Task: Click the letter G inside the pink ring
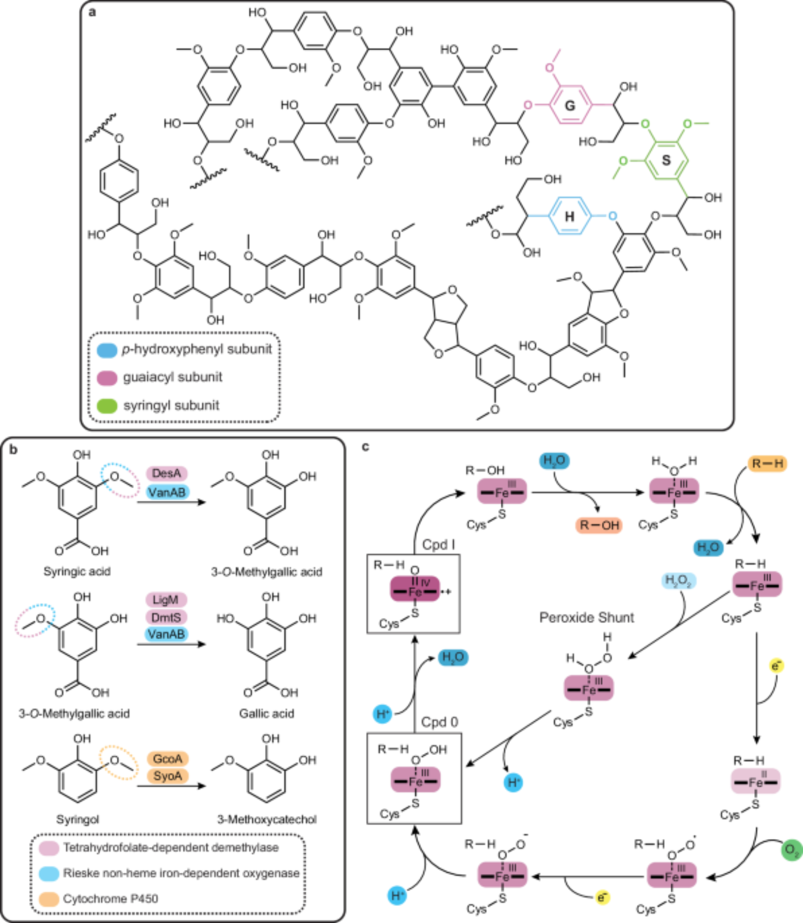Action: coord(570,106)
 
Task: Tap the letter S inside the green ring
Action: coord(666,160)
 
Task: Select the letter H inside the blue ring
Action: coord(569,216)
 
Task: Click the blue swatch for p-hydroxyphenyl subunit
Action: coord(107,349)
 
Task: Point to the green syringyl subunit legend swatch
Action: coord(107,406)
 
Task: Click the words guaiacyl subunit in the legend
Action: coord(173,377)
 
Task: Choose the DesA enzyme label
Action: coord(167,473)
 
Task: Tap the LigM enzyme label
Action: coord(166,599)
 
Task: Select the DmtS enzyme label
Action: coord(166,617)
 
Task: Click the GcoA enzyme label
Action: coord(168,759)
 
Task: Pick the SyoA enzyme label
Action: coord(168,776)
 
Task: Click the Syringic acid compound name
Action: coord(77,571)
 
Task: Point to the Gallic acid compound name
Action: coord(266,713)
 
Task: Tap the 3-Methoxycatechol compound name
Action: coord(267,819)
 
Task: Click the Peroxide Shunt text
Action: coord(587,617)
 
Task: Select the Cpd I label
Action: coord(439,545)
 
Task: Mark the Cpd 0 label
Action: coord(439,722)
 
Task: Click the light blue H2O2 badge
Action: coord(678,581)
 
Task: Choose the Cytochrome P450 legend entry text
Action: coord(111,899)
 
